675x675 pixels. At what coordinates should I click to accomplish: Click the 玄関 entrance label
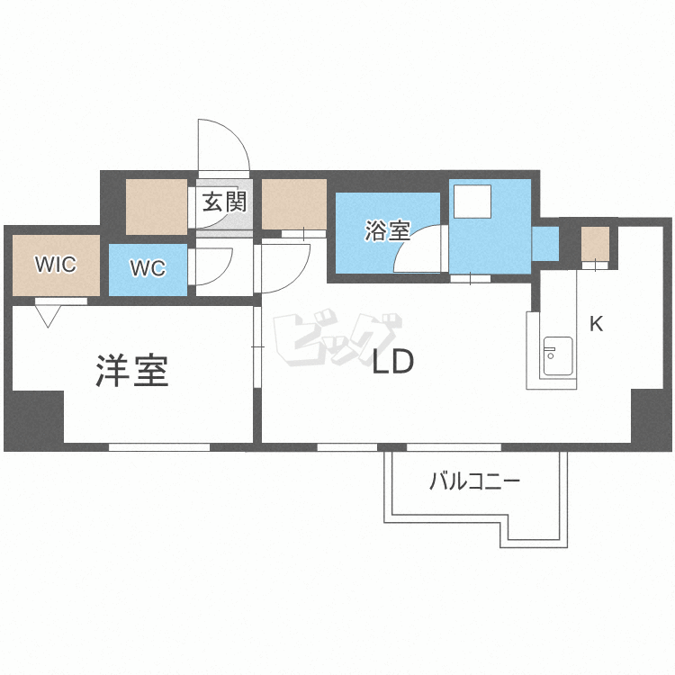[224, 202]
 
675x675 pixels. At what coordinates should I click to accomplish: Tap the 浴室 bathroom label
[387, 230]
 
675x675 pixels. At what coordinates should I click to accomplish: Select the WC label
[148, 268]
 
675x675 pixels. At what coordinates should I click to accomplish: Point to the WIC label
[56, 264]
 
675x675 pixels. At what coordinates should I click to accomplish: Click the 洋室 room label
[131, 371]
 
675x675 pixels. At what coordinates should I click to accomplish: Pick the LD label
[392, 361]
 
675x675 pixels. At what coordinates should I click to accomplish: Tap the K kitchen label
[597, 324]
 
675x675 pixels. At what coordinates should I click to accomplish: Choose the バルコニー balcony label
[475, 481]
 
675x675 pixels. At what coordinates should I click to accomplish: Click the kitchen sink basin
[558, 356]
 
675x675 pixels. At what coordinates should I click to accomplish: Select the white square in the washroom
[472, 202]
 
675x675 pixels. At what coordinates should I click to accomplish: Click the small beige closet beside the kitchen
[596, 244]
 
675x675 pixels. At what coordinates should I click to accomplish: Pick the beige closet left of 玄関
[157, 207]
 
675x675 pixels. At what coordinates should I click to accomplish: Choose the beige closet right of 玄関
[294, 204]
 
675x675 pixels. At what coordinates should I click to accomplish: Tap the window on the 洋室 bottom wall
[158, 447]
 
